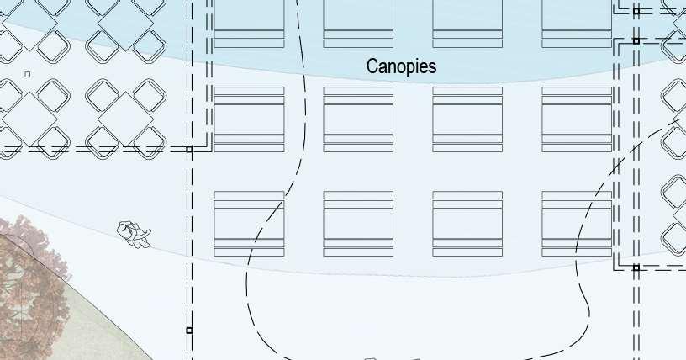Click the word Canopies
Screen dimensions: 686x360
[x=401, y=66]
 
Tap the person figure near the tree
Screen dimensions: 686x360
[x=133, y=234]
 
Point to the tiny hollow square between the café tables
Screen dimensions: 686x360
[x=28, y=75]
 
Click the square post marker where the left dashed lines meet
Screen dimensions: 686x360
[x=189, y=149]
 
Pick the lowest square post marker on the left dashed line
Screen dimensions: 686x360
[x=189, y=331]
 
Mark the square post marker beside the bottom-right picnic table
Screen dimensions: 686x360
[x=636, y=267]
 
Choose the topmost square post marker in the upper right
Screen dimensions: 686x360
[x=636, y=12]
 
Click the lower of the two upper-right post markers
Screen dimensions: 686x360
[x=636, y=40]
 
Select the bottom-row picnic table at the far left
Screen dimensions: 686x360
[x=249, y=224]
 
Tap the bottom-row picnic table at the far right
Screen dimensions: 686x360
[x=577, y=224]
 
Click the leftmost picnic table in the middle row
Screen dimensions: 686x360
[x=249, y=119]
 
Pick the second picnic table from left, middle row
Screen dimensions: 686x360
[x=358, y=119]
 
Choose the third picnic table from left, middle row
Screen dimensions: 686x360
[x=467, y=119]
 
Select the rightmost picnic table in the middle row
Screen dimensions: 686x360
[x=577, y=119]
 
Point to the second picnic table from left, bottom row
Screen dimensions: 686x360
[x=358, y=224]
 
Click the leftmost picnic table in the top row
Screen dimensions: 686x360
[x=249, y=24]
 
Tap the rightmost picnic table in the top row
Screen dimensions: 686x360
[x=577, y=24]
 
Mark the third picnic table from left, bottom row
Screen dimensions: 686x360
[x=467, y=224]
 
